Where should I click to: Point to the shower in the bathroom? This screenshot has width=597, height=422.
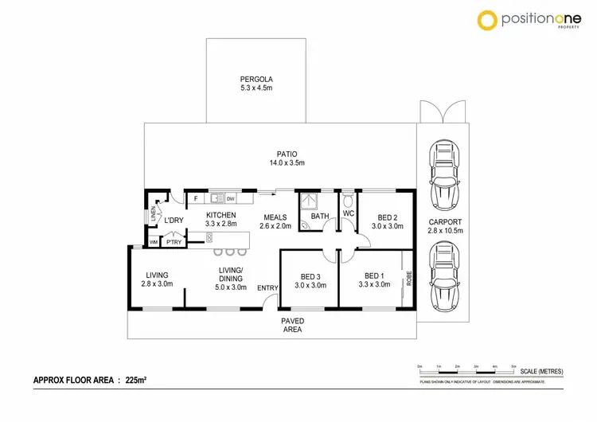pyautogui.click(x=308, y=200)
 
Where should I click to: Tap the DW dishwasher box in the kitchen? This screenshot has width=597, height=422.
pyautogui.click(x=230, y=198)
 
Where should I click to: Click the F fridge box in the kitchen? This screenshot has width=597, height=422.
pyautogui.click(x=195, y=198)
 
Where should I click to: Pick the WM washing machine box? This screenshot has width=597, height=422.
pyautogui.click(x=153, y=241)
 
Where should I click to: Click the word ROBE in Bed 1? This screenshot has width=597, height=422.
pyautogui.click(x=408, y=279)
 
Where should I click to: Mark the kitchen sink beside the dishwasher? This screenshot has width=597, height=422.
pyautogui.click(x=216, y=198)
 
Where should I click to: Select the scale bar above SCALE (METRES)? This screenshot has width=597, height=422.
pyautogui.click(x=466, y=369)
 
